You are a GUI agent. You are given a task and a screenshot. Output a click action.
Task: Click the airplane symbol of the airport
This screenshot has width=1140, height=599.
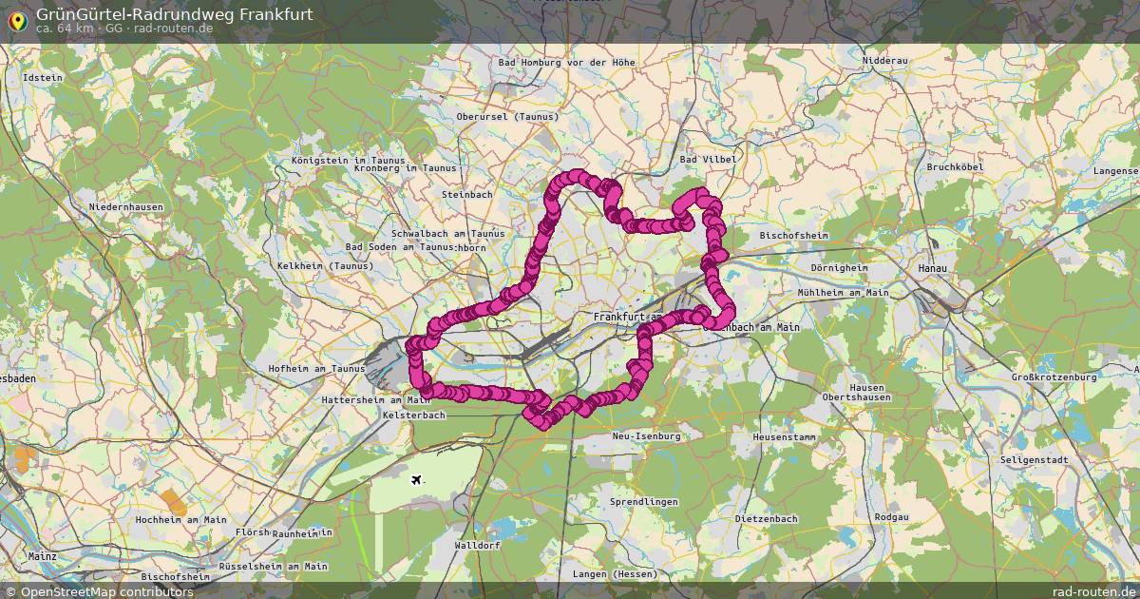[x=416, y=478]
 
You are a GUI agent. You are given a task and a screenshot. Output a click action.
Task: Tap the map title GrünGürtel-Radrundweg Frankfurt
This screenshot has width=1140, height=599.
[x=174, y=14]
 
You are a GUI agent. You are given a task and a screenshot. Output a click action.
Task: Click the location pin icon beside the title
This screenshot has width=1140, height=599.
[x=16, y=19]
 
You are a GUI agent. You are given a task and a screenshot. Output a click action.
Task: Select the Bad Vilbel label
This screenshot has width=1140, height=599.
[x=707, y=159]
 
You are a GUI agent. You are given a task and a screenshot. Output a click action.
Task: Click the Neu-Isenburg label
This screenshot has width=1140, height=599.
[x=646, y=435]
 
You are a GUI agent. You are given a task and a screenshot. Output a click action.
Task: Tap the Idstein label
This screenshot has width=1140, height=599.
[x=42, y=77]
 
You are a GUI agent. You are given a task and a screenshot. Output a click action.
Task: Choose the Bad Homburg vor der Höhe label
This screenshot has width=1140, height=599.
[x=566, y=63]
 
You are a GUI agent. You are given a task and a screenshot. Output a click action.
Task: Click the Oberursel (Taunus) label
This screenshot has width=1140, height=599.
[x=508, y=116]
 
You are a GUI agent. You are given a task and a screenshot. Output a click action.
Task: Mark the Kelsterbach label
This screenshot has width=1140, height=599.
[x=413, y=415]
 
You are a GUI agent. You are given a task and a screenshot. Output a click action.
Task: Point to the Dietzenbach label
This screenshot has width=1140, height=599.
[x=766, y=519]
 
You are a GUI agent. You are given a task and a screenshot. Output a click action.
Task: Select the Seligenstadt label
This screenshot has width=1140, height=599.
[x=1034, y=459]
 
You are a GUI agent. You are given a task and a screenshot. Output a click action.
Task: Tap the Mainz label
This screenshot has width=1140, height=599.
[x=43, y=555]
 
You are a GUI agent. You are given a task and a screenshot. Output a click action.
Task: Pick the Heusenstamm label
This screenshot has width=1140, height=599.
[x=784, y=435]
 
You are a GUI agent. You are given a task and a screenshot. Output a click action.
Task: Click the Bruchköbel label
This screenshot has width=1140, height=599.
[x=954, y=166]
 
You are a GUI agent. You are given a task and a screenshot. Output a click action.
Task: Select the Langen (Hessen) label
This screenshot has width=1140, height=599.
[x=615, y=574]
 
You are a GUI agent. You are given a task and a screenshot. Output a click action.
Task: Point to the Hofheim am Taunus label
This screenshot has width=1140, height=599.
[x=316, y=369]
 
